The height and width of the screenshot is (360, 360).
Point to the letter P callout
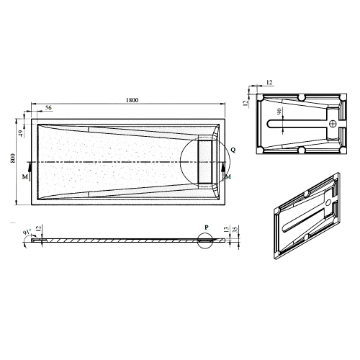(x=207, y=228)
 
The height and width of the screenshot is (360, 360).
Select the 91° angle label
(x=27, y=233)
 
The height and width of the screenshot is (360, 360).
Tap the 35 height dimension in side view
(x=236, y=232)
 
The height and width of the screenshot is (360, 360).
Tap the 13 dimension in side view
(x=226, y=232)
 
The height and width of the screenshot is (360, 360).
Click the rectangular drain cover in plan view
(x=207, y=161)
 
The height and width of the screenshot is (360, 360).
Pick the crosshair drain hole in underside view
(x=332, y=124)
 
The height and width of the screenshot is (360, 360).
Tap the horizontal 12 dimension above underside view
(x=269, y=84)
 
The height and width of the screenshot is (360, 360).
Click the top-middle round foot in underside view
(x=300, y=96)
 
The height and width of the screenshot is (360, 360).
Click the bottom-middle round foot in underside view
(x=300, y=151)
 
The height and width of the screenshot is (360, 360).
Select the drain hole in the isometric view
(x=330, y=204)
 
